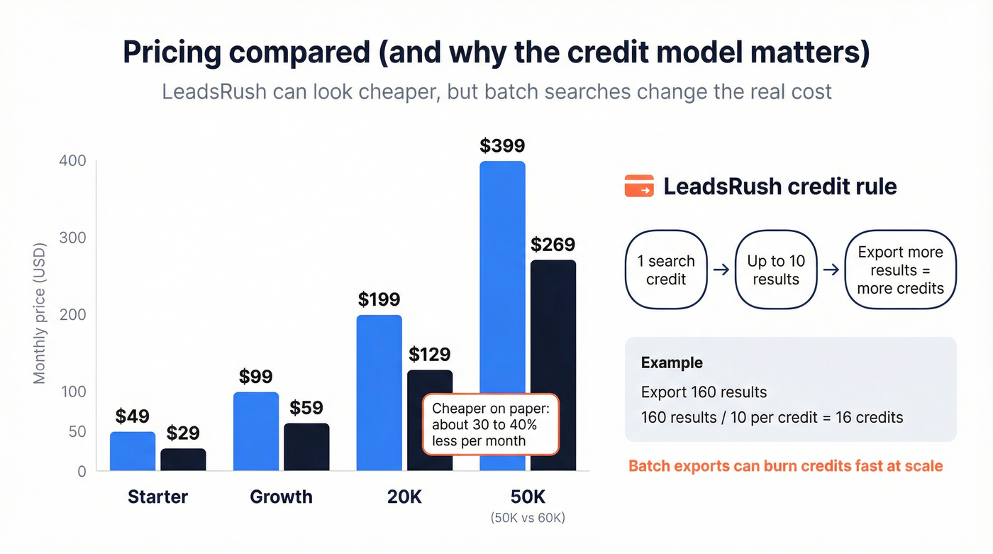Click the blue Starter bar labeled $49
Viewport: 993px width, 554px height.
[x=133, y=451]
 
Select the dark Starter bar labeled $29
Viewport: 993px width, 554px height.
[x=183, y=460]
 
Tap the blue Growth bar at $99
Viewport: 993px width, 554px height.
[x=256, y=431]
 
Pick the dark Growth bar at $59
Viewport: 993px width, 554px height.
[x=306, y=447]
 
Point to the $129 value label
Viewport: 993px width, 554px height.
[x=429, y=354]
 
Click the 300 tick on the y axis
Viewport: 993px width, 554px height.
[x=71, y=238]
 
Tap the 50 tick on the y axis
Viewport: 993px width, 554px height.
[x=77, y=432]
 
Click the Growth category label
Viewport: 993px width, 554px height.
[x=281, y=497]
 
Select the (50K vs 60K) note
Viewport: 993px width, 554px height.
[x=528, y=518]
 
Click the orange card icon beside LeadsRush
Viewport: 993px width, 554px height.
[x=639, y=187]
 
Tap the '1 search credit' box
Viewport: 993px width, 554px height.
[x=666, y=270]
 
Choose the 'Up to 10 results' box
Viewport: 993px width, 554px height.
[x=776, y=270]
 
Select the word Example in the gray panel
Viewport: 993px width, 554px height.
[x=672, y=362]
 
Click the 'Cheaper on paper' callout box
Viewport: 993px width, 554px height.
[x=492, y=424]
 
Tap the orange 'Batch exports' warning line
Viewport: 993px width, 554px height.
[x=786, y=466]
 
